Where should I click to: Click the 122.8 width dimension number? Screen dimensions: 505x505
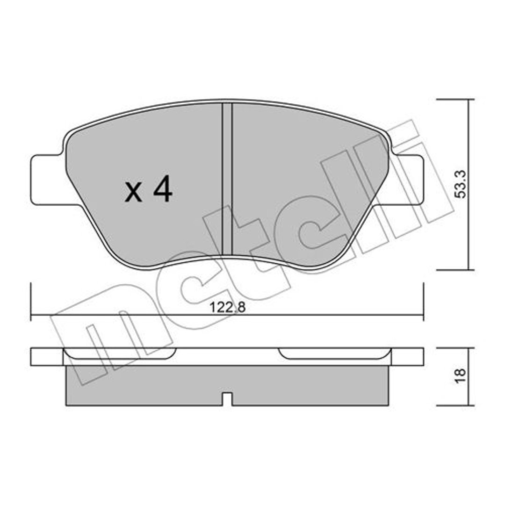227,307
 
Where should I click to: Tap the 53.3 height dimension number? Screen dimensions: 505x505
461,185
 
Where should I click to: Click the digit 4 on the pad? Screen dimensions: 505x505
163,190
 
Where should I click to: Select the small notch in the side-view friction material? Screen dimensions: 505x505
227,399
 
